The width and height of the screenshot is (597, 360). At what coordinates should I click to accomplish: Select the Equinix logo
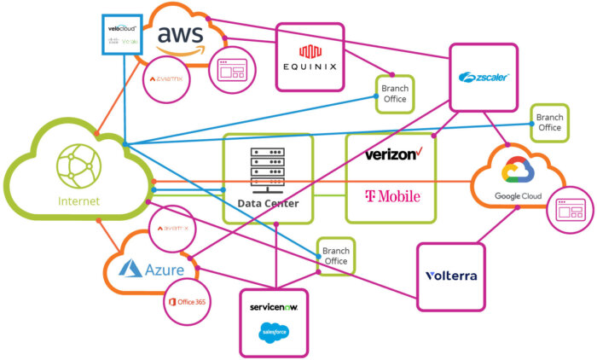(x=309, y=56)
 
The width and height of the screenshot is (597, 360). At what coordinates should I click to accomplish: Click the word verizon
(x=392, y=154)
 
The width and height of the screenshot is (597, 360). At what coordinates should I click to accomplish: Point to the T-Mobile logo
(x=392, y=197)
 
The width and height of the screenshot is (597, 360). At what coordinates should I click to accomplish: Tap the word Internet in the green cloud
(x=78, y=201)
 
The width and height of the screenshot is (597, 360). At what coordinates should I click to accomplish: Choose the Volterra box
(x=450, y=276)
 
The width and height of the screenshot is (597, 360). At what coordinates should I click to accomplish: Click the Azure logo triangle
(x=130, y=270)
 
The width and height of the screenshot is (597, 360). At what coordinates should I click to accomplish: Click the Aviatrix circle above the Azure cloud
(x=174, y=229)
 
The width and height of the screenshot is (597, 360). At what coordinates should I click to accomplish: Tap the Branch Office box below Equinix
(x=394, y=94)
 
